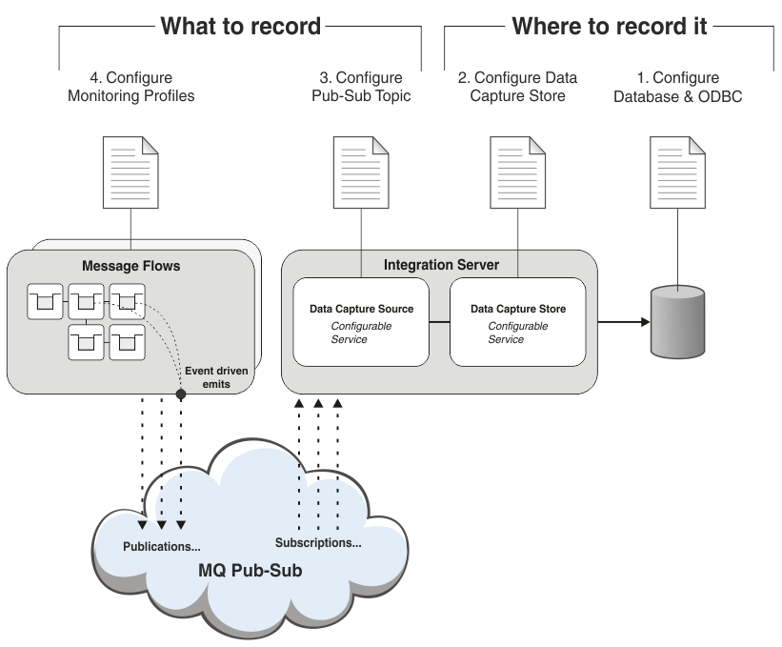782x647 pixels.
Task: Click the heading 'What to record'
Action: tap(240, 26)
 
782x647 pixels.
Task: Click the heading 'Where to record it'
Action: tap(610, 26)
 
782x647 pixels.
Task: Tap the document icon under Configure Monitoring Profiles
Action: tap(130, 172)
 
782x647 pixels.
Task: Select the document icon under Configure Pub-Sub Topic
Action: tap(361, 172)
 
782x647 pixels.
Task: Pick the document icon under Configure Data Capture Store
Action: tap(518, 172)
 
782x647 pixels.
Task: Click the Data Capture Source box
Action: tap(361, 322)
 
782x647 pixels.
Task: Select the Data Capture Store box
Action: tap(517, 322)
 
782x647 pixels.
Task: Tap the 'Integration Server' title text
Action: tap(440, 263)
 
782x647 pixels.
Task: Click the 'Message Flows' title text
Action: tap(130, 266)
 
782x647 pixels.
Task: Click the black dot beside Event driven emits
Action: tap(180, 393)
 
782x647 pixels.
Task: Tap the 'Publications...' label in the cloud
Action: tap(162, 547)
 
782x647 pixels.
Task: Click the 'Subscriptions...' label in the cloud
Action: tap(318, 543)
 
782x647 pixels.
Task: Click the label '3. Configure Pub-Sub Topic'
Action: tap(362, 87)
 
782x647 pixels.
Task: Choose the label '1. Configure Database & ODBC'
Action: tap(678, 87)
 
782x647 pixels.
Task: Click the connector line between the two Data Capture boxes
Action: tap(439, 322)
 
